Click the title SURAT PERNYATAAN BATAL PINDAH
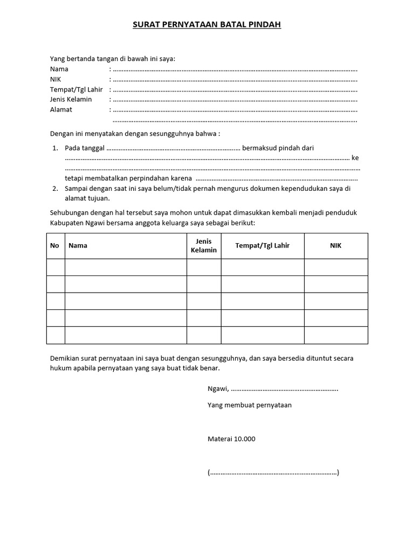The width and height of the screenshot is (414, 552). (207, 25)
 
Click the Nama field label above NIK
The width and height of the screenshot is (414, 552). (59, 69)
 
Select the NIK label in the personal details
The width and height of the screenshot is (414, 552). (56, 79)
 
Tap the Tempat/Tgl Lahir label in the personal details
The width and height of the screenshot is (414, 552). (76, 89)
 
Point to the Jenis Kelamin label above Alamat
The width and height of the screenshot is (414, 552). (71, 99)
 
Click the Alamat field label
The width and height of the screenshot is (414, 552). (61, 109)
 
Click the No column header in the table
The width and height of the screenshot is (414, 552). (54, 246)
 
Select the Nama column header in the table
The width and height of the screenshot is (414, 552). (78, 246)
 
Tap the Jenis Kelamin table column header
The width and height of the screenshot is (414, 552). (204, 246)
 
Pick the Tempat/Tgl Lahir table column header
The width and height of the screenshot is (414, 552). (263, 246)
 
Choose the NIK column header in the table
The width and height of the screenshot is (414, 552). (336, 246)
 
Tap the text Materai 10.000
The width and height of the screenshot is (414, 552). (231, 439)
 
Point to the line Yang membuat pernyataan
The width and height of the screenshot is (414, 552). (250, 405)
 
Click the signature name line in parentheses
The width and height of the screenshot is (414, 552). (273, 473)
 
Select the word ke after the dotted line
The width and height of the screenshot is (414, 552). (355, 158)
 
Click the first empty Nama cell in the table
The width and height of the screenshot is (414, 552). (126, 267)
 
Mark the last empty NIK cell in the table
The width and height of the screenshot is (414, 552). (336, 335)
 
